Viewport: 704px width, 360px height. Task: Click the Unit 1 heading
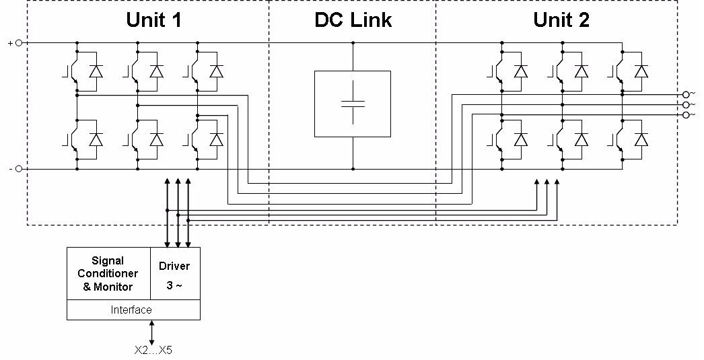click(154, 20)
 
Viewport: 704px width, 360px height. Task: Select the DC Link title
click(353, 20)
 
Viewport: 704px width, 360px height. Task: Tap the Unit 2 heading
click(561, 20)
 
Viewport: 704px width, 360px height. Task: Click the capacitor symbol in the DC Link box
click(353, 104)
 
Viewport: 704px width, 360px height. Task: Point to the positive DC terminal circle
click(19, 43)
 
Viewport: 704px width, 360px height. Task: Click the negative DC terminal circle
click(19, 169)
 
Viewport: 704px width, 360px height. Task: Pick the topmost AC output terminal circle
click(686, 95)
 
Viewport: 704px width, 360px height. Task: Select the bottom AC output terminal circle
click(686, 115)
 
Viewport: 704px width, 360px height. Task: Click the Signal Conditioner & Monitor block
click(108, 273)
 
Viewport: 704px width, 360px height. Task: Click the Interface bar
click(132, 310)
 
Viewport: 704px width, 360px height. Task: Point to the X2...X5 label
click(153, 350)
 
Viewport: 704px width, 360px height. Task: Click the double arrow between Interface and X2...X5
click(153, 331)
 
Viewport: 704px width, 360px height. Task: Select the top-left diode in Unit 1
click(96, 71)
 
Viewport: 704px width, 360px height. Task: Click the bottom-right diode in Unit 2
click(641, 140)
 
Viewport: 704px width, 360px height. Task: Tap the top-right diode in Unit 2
click(641, 71)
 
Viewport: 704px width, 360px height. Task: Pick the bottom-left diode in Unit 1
click(96, 140)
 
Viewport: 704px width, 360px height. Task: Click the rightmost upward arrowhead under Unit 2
click(557, 182)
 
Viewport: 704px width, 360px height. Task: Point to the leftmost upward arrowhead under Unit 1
click(168, 182)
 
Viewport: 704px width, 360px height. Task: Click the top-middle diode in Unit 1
click(156, 71)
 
